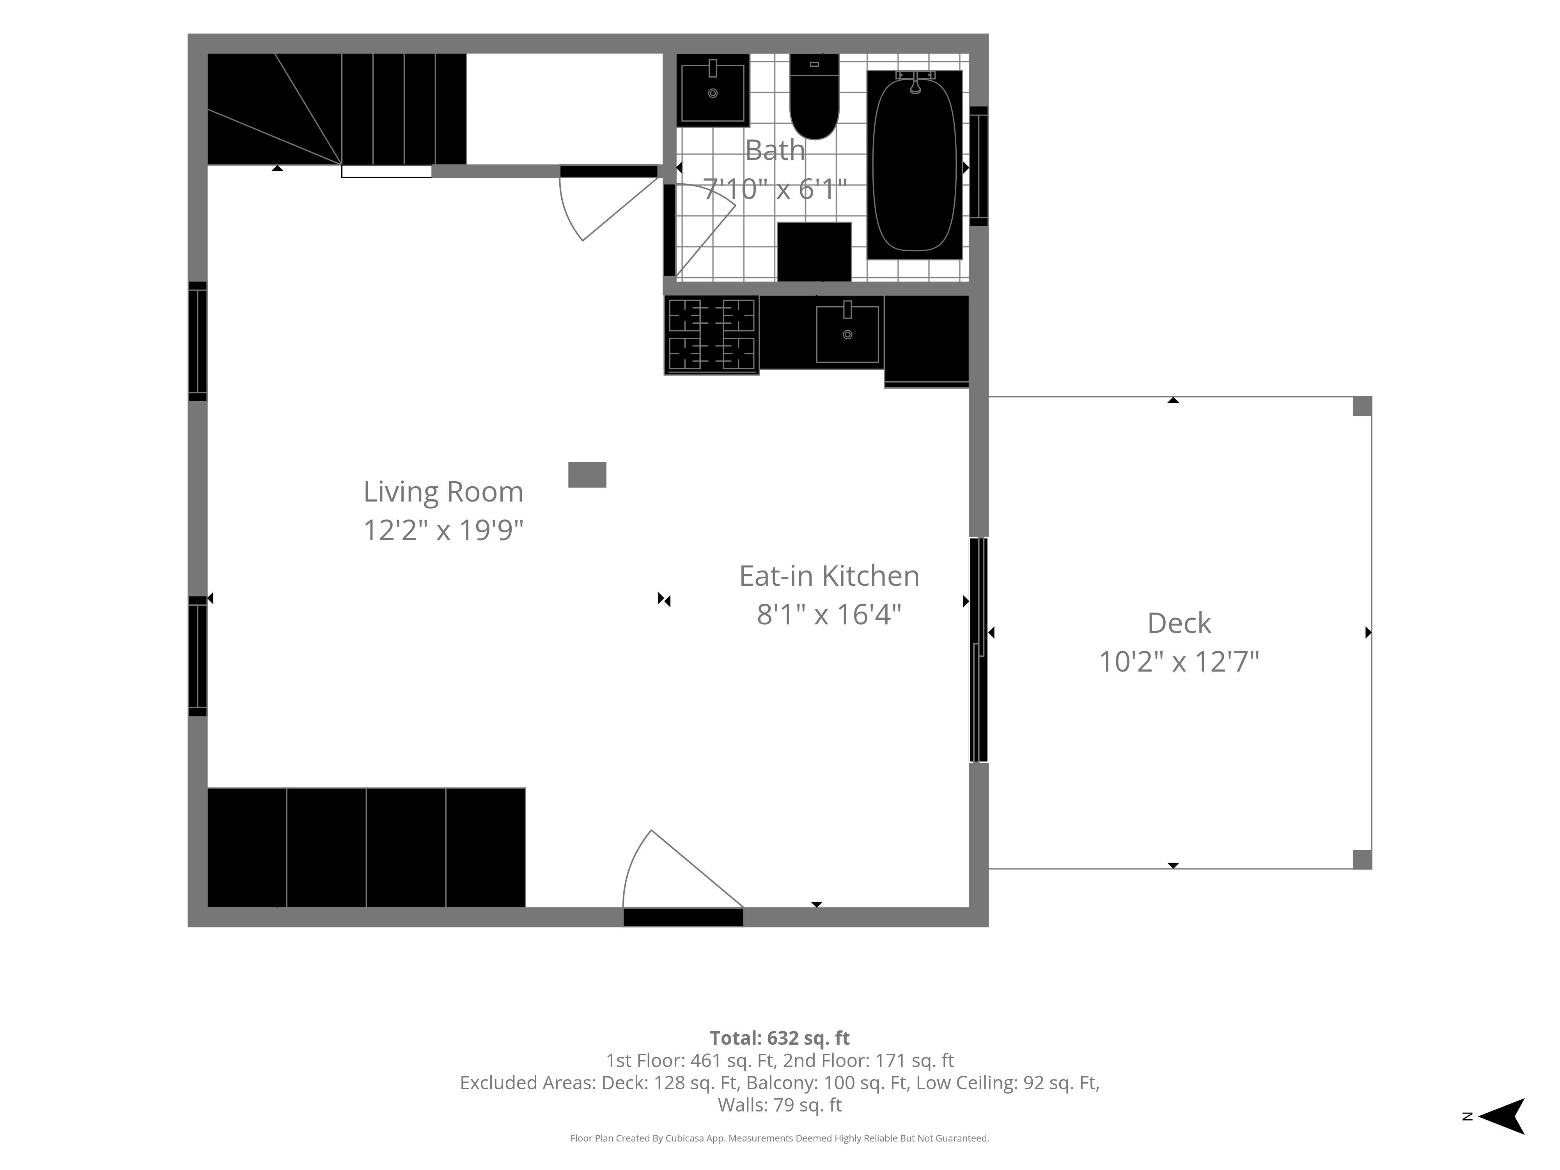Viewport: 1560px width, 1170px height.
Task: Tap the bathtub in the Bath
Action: coord(915,164)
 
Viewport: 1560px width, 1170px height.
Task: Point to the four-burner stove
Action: coord(712,335)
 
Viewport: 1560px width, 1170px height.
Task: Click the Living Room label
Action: coord(443,491)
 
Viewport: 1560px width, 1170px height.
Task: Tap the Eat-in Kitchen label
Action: coord(830,576)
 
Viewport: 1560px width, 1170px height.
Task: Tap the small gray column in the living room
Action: coord(587,475)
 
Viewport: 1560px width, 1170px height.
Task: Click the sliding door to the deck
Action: coord(979,649)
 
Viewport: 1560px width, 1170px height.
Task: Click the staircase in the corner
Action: coord(337,109)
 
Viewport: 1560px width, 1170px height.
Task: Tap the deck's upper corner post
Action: coord(1362,406)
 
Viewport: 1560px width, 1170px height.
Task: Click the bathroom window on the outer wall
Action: coord(979,167)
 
